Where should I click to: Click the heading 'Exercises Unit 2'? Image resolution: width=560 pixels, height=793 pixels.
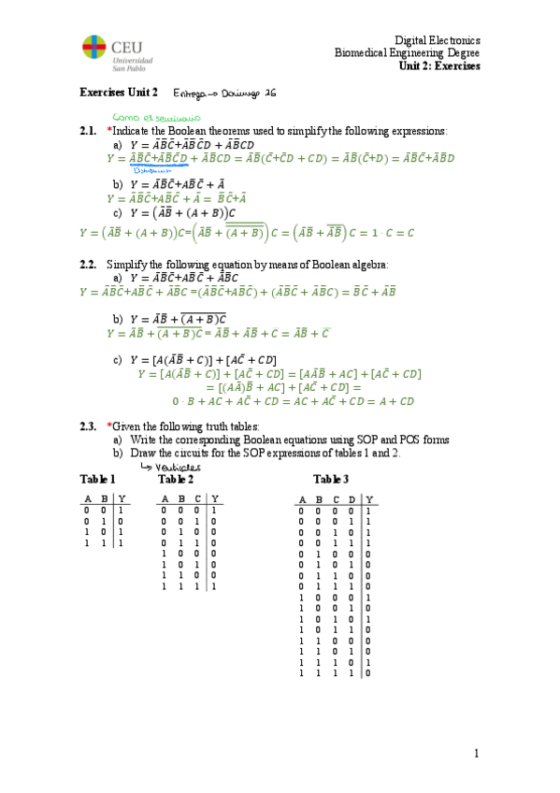point(119,93)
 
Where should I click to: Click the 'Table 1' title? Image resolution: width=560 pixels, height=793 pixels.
point(97,480)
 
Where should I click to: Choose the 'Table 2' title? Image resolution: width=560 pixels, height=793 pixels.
point(177,480)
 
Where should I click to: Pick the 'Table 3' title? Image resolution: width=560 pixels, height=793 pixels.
point(331,480)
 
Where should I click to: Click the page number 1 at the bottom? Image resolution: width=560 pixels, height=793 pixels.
point(476,754)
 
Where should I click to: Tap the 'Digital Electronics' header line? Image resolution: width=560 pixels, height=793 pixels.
point(437,41)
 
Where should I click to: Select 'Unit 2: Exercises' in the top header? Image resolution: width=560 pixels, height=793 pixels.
point(438,66)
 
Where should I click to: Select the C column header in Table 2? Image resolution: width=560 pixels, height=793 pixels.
point(198,498)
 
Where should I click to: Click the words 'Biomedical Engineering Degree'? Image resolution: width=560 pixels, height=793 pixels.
point(408,53)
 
